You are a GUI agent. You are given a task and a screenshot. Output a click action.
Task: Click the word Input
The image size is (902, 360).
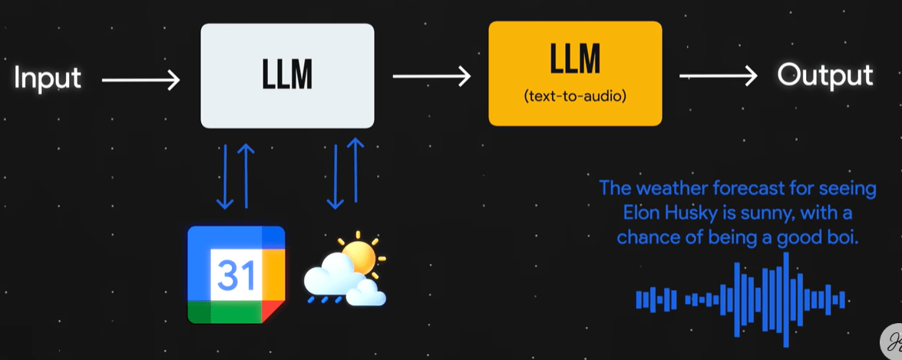click(48, 78)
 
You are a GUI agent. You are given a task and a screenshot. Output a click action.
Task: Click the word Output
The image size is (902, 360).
click(824, 75)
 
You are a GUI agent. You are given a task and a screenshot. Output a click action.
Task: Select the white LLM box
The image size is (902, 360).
click(287, 75)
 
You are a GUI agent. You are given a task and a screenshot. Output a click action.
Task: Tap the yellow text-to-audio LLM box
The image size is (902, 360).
click(575, 74)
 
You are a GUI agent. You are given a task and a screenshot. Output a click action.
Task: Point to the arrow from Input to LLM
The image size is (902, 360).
click(140, 78)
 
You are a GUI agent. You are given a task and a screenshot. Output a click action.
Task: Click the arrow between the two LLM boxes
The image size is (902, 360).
click(431, 76)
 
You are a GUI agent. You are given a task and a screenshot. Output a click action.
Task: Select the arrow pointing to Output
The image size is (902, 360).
click(719, 76)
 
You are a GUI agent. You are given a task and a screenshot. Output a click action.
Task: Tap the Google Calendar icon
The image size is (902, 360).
click(236, 275)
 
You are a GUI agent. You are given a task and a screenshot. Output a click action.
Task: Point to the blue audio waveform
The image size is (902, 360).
click(740, 299)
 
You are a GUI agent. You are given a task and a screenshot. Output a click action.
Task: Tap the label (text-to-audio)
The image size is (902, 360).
click(574, 97)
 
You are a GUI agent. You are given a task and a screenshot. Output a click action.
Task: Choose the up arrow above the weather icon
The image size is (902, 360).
click(355, 173)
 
